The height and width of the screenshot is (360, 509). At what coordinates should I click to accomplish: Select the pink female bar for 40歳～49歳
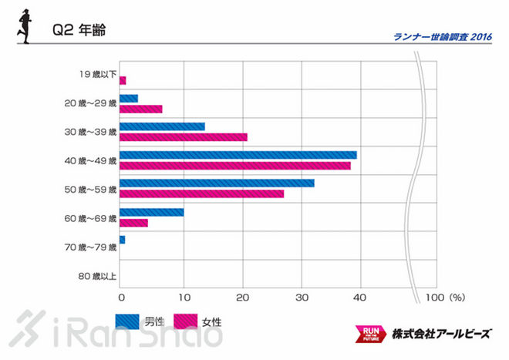click(x=234, y=165)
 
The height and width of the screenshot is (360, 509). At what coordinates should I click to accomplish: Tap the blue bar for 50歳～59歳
click(x=217, y=183)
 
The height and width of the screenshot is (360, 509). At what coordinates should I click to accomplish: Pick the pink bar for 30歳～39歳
click(x=184, y=137)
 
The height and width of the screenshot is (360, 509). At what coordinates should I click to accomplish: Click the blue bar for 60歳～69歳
click(x=151, y=211)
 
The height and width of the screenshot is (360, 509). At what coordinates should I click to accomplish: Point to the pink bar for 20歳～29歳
click(x=140, y=109)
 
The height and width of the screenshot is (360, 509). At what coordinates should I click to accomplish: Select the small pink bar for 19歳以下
click(x=123, y=80)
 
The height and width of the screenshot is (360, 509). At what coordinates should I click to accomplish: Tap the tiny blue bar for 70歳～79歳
click(x=122, y=240)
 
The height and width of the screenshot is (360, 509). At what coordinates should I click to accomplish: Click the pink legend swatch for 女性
click(x=186, y=321)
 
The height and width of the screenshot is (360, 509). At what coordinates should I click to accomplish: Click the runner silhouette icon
click(x=24, y=28)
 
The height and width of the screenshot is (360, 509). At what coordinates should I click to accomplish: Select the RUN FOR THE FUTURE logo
click(x=369, y=334)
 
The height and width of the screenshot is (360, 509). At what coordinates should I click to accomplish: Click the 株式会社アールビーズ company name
click(x=440, y=334)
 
